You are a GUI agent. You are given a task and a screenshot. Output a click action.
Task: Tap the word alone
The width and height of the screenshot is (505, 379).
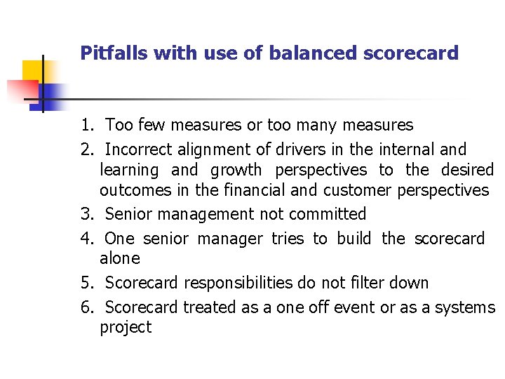(x=120, y=258)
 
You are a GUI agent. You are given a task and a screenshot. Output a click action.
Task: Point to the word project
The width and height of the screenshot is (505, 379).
(x=126, y=327)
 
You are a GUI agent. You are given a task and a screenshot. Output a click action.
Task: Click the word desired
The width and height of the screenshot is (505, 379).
(x=467, y=170)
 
